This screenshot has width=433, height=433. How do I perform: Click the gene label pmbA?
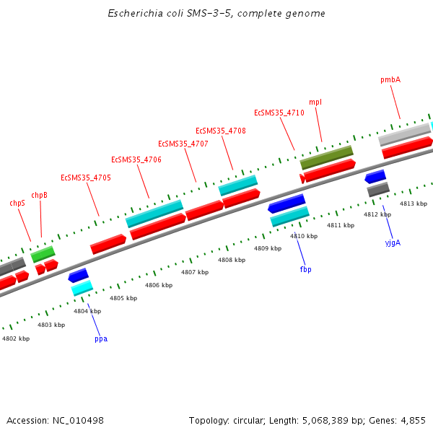point(390,79)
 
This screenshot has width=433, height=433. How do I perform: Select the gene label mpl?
point(315,102)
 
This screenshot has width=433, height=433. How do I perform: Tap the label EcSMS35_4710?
point(279,113)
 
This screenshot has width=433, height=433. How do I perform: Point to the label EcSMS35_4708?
point(221,131)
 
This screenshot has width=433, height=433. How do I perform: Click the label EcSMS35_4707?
point(183,144)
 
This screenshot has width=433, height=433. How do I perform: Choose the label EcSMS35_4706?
point(136,159)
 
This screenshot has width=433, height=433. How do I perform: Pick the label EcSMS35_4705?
point(86,178)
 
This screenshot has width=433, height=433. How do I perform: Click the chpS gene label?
point(17,204)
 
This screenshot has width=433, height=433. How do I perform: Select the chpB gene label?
point(40,195)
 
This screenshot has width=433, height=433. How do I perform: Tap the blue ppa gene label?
point(101,338)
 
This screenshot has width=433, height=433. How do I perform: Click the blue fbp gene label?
point(305,269)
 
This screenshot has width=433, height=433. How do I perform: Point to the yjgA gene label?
point(393,242)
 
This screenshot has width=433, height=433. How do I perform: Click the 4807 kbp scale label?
point(195,272)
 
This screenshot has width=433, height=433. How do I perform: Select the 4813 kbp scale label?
point(414,204)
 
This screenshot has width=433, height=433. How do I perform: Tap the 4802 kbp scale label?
point(15,338)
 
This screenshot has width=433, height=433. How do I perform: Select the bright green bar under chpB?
point(43,254)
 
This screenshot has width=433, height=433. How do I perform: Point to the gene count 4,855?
point(414,420)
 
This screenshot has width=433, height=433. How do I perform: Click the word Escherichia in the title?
point(132,14)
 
